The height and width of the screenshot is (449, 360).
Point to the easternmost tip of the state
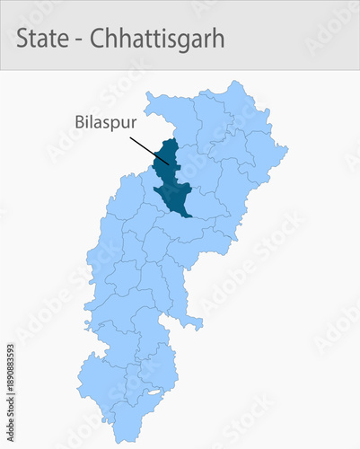[287, 147]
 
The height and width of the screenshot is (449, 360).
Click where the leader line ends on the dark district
[168, 163]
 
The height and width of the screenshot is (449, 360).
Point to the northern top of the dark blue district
[167, 140]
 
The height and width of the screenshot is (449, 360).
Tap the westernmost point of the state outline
[77, 387]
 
